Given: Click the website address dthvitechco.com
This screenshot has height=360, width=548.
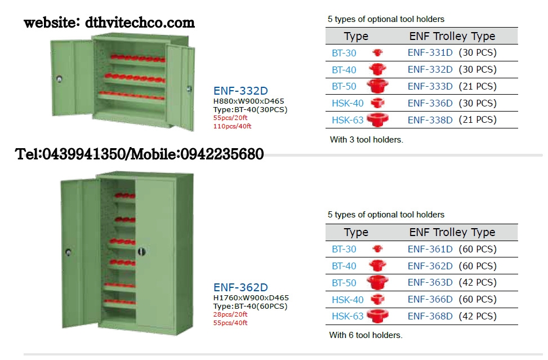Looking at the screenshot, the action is (140, 23).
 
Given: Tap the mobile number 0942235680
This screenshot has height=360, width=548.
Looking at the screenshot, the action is (222, 154).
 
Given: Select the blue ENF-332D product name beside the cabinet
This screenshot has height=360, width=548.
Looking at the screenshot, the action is (240, 91).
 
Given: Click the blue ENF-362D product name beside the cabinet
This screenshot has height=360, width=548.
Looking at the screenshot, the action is (240, 287).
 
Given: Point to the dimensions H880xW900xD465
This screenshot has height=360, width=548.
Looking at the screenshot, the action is (248, 101).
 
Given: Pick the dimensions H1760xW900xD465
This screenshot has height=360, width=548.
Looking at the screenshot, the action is (251, 298).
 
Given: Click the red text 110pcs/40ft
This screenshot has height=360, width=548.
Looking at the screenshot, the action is (232, 126).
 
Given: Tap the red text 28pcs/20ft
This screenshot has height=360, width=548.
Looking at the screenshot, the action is (230, 314).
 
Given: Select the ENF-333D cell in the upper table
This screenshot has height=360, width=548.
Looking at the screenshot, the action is (430, 86).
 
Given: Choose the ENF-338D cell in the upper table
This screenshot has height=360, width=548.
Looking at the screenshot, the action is (430, 120).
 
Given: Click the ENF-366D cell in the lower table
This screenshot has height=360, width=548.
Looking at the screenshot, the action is (430, 299).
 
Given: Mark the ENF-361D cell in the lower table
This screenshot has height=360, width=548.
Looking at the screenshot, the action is (430, 249).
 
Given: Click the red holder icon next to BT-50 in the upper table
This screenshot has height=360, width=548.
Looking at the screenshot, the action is (377, 86).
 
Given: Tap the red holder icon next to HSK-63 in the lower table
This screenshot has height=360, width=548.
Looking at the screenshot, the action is (377, 316).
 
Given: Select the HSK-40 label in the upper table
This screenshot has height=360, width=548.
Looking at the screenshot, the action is (347, 104).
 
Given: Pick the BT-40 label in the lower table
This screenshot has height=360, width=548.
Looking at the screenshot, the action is (344, 266).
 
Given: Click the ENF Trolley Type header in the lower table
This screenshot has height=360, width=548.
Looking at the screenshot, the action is (452, 232).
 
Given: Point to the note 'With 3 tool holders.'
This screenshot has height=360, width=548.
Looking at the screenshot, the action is (366, 140).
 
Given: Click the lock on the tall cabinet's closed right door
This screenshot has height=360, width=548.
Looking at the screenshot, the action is (141, 252).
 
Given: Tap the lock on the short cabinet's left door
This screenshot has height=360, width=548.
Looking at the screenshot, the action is (59, 79).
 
